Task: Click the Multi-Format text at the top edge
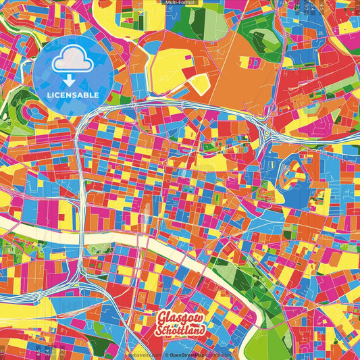coord(180,3)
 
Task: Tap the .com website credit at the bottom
coord(144,353)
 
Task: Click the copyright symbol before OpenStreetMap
coord(166,353)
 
